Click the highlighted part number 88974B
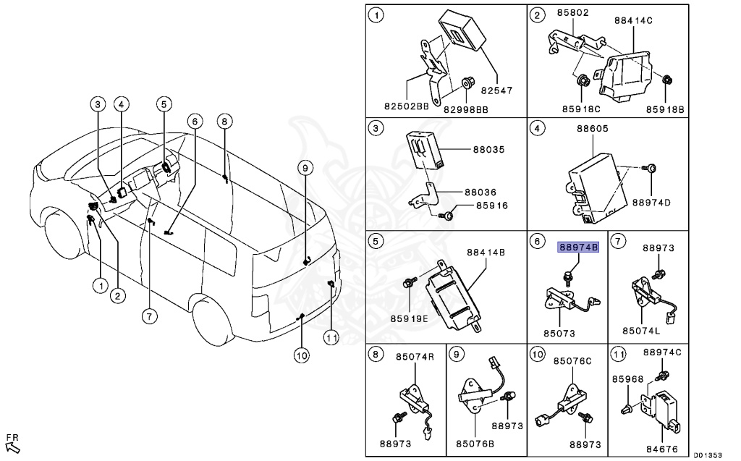577,248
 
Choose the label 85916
492,206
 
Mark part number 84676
661,449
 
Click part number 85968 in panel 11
627,378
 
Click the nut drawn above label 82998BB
467,85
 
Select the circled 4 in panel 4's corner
537,129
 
